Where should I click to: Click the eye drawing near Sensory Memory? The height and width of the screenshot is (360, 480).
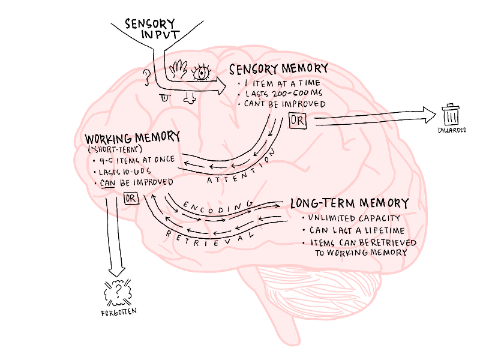click(201, 73)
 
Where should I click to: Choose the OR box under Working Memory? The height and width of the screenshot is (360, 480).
click(131, 198)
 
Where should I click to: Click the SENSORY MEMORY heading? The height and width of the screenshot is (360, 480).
click(279, 69)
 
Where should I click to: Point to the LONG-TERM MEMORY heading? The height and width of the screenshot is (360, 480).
click(350, 203)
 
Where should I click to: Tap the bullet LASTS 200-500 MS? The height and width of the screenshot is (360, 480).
click(285, 94)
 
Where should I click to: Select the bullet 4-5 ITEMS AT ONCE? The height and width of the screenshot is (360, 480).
click(133, 160)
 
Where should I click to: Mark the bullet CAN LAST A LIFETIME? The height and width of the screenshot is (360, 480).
click(356, 230)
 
